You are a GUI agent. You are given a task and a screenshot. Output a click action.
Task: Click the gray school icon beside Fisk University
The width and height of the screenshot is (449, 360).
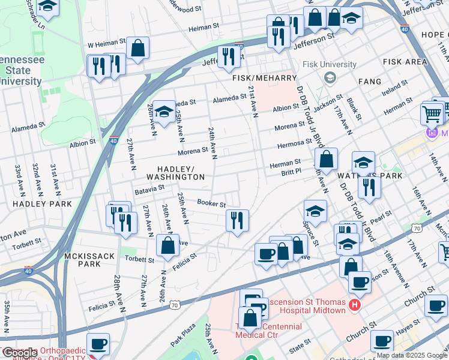pos(329,77)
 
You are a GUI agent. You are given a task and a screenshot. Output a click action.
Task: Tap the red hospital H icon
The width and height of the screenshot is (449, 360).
pos(355,305)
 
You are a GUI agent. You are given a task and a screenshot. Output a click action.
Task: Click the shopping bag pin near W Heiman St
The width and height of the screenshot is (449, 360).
pos(137,49)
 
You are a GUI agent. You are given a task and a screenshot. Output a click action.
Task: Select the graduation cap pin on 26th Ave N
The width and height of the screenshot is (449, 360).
pos(164,112)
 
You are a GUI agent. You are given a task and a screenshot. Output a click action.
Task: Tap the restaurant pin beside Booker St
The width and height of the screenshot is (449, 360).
pos(237,220)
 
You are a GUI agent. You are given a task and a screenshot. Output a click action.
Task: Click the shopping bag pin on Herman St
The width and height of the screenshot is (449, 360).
pos(326,160)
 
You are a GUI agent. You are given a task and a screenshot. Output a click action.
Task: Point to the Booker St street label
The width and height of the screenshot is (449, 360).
pos(211,204)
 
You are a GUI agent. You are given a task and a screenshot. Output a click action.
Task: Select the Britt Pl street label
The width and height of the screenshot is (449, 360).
pos(292,172)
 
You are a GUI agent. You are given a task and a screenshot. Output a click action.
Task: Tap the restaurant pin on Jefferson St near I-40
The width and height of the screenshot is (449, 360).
pos(228,57)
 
